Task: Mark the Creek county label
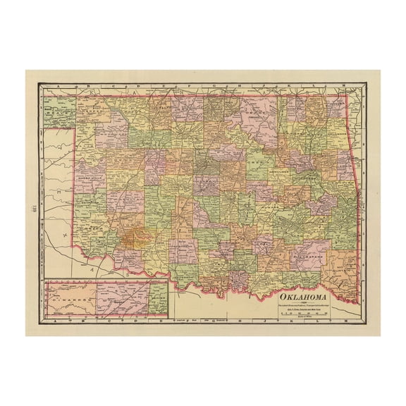[x=257, y=163]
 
